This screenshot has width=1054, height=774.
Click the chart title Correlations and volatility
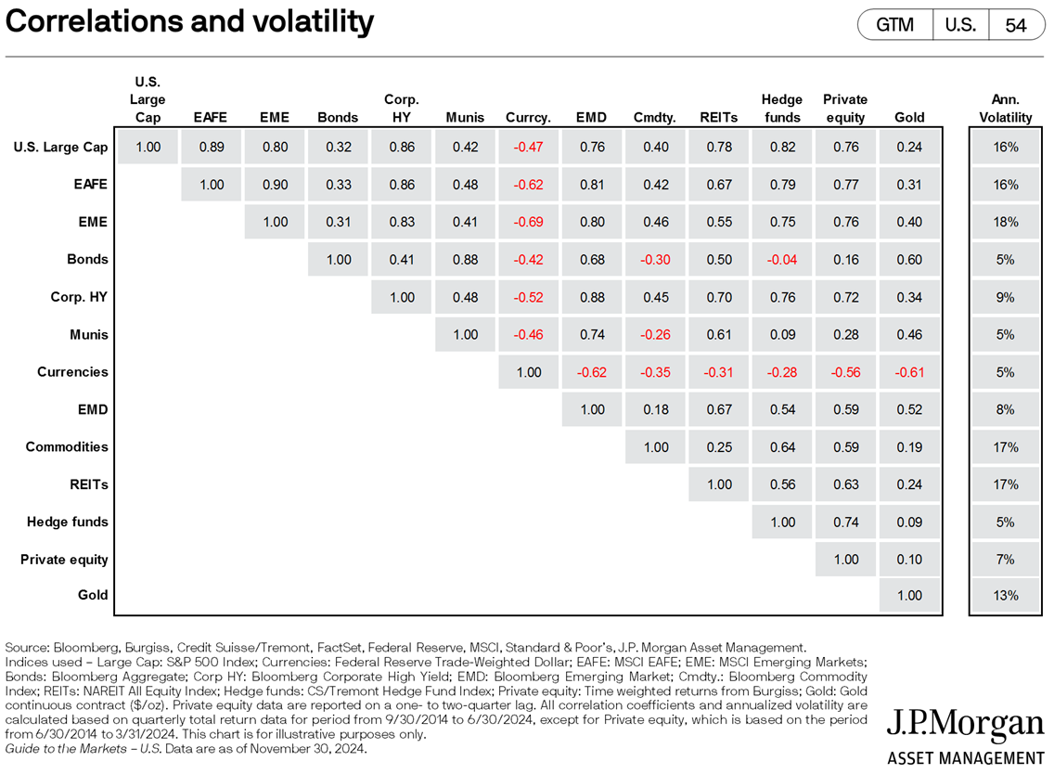tap(190, 21)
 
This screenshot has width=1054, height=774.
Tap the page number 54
tap(1016, 25)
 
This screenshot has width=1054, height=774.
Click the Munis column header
tap(465, 118)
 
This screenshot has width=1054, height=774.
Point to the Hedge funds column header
tap(781, 109)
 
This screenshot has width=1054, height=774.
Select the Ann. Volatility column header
tap(1005, 109)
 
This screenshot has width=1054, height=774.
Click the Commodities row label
tap(67, 446)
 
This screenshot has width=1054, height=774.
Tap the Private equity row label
tap(64, 560)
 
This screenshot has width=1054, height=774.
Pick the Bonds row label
tap(87, 259)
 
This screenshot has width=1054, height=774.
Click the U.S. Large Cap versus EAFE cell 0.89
tap(212, 147)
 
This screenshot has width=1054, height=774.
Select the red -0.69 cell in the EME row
tap(528, 222)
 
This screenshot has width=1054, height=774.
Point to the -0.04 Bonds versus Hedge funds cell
tap(781, 260)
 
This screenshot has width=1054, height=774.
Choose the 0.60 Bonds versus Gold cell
tap(909, 260)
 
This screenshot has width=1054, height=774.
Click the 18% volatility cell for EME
tap(1005, 222)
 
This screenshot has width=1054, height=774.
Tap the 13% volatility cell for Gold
tap(1005, 596)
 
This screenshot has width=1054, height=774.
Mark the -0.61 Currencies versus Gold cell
tap(909, 372)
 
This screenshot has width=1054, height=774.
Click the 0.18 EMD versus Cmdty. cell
tap(655, 409)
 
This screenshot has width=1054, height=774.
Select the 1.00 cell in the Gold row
tap(909, 596)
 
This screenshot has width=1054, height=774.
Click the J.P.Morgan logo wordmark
tap(965, 725)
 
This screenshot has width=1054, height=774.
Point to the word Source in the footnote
tap(25, 647)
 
